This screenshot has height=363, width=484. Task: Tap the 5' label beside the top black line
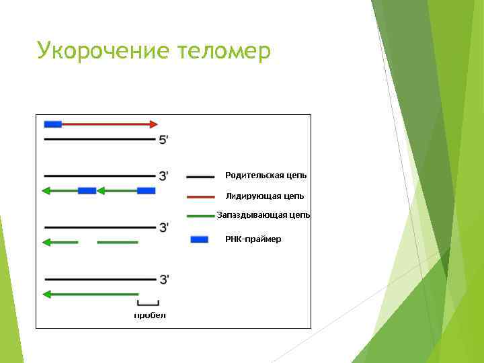(x=163, y=140)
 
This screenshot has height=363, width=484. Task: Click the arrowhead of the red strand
(x=154, y=124)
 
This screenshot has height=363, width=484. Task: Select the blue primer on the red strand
(x=52, y=124)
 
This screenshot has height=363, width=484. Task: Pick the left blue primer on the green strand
(x=87, y=191)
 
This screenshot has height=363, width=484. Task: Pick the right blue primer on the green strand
(x=146, y=191)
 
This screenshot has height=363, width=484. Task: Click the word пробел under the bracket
(x=149, y=315)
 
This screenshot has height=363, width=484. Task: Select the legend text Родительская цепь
(x=266, y=175)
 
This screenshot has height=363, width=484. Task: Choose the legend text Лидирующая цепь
(x=264, y=196)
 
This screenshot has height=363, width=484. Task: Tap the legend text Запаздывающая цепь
(x=263, y=215)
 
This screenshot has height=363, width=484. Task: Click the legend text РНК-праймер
(x=253, y=239)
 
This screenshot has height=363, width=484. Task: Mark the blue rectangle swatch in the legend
(x=199, y=239)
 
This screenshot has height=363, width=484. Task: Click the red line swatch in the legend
(x=200, y=197)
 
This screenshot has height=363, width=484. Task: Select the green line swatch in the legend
(x=200, y=216)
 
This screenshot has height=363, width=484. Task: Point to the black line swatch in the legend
(x=200, y=176)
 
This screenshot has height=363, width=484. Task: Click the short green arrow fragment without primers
(x=60, y=242)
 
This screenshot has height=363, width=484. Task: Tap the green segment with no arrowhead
(x=118, y=242)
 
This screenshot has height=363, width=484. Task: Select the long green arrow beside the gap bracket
(x=90, y=294)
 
